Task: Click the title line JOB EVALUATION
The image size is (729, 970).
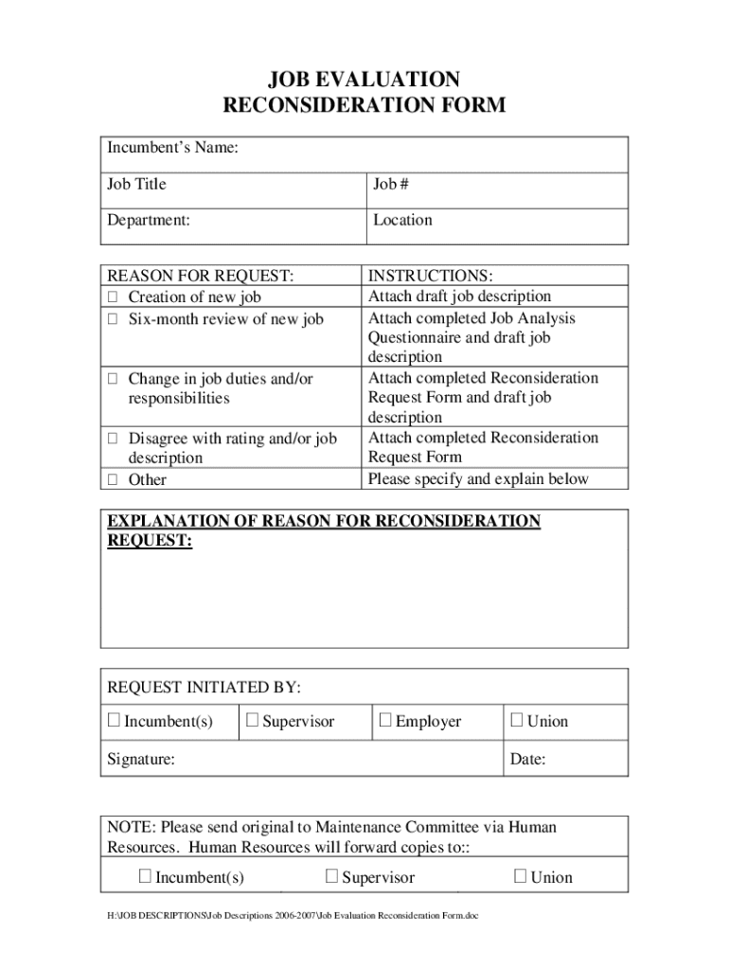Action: point(364,79)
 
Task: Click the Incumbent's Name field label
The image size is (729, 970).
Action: point(172,148)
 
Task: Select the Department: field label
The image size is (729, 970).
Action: point(149,220)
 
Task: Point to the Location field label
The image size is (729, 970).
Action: point(402,220)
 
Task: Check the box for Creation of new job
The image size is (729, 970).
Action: point(112,297)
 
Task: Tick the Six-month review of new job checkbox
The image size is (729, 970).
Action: point(112,319)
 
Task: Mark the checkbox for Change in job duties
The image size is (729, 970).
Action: point(112,379)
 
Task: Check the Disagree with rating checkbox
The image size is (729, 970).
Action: point(112,439)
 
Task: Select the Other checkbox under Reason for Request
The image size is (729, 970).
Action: point(112,479)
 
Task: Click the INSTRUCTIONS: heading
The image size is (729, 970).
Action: point(430,276)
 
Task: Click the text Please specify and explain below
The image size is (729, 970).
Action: point(478,478)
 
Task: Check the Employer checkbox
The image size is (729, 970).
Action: point(385,721)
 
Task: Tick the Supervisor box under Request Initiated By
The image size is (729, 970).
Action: point(253,721)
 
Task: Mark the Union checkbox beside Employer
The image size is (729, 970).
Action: point(517,721)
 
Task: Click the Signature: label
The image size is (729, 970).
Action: point(140,759)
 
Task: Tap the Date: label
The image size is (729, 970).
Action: point(527,759)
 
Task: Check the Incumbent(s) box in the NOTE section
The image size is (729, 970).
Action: point(145,876)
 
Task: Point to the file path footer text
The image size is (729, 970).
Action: point(293,917)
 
